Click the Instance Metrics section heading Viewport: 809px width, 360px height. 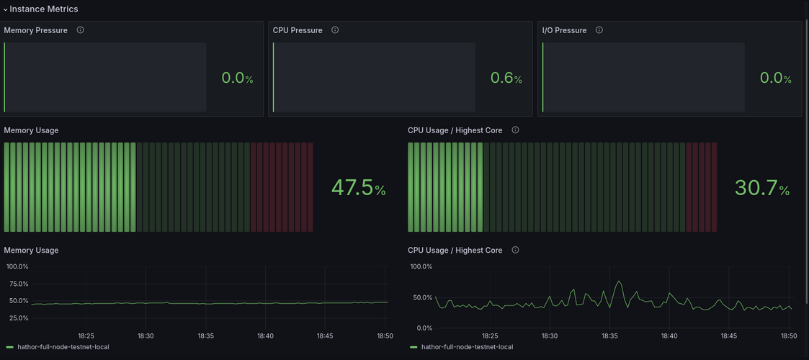[x=44, y=9]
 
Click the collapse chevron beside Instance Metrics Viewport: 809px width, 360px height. [x=5, y=9]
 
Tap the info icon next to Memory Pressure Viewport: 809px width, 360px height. [x=80, y=30]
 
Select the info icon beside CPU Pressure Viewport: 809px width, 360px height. [x=335, y=30]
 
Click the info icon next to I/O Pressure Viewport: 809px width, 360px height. [x=599, y=30]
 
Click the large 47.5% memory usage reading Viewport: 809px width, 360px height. [x=358, y=187]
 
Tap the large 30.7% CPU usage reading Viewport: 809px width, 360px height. [x=762, y=187]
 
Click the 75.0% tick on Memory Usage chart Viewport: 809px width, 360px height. [x=17, y=284]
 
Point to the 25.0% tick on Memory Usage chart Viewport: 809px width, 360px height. [x=17, y=318]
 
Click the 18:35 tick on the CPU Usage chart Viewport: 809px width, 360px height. [x=609, y=336]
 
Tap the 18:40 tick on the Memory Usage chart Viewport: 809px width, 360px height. [x=265, y=336]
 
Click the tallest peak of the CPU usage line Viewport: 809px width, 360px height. [x=619, y=281]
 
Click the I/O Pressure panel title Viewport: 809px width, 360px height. [x=565, y=30]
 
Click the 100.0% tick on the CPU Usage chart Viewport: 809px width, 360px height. [x=421, y=266]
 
